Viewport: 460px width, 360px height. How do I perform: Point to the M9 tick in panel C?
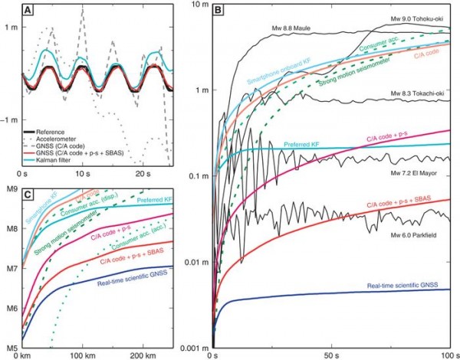tap(11, 189)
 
